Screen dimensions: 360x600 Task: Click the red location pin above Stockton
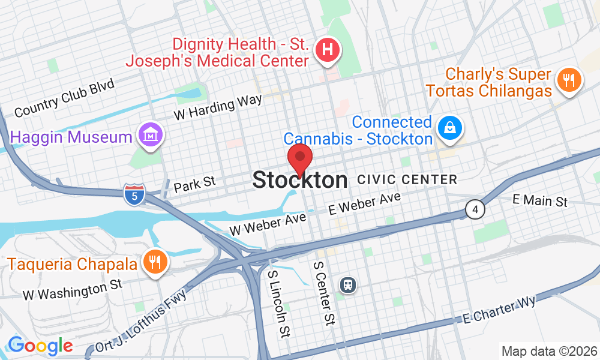point(300,158)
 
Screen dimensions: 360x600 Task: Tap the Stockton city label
point(300,180)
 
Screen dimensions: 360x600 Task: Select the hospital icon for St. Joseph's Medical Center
point(328,50)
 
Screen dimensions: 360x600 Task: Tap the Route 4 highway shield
point(475,210)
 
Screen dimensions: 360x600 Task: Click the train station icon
point(347,284)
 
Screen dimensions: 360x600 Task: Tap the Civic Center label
point(407,179)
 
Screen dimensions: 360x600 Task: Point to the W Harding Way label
point(218,106)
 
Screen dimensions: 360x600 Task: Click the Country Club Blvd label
point(64,98)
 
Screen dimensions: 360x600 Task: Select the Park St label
point(194,184)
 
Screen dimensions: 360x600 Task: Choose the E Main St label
point(540,200)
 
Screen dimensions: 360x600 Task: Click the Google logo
point(40,346)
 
